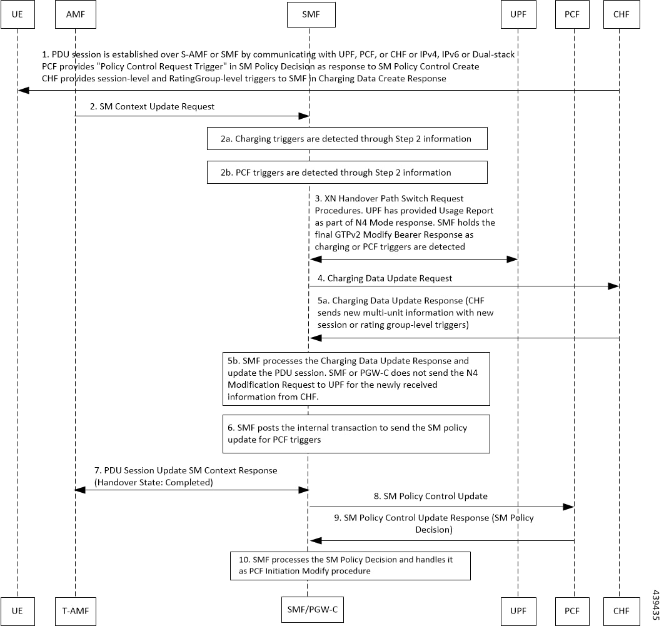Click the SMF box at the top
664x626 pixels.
[311, 15]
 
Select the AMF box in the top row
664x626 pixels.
[76, 15]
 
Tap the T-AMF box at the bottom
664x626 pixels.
[76, 611]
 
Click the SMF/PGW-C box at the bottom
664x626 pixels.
[313, 610]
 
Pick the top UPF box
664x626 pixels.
[518, 15]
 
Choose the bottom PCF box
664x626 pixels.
[572, 611]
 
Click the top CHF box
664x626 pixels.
[621, 15]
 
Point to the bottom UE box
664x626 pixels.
[18, 611]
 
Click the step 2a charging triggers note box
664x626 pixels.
[347, 138]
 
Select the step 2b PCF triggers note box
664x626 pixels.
[347, 173]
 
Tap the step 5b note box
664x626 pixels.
[356, 379]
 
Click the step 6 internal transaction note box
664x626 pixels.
[356, 434]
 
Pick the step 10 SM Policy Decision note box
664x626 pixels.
[350, 566]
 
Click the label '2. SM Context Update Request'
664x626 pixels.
[152, 107]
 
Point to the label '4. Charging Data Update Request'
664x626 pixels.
[385, 278]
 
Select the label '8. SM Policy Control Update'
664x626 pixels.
[431, 497]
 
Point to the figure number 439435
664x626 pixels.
[655, 605]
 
